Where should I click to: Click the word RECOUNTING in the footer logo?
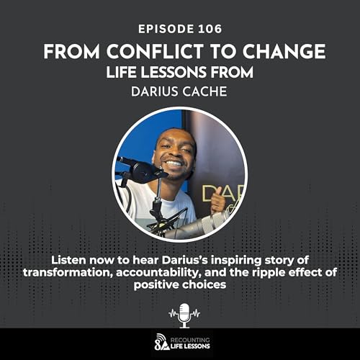(194, 337)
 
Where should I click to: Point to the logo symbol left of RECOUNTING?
(161, 341)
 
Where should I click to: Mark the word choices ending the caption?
(203, 284)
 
